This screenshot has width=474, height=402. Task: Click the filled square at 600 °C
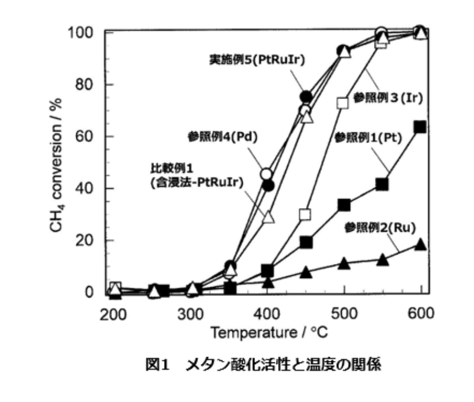coord(420,127)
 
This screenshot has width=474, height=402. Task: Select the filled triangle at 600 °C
coord(420,244)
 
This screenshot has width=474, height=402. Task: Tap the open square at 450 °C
coord(305,214)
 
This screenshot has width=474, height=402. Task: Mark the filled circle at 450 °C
coord(305,97)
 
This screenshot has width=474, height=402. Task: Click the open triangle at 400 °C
coord(268,217)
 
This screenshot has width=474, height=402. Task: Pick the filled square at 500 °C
coord(343,204)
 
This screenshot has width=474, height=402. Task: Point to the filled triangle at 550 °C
coord(382,260)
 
